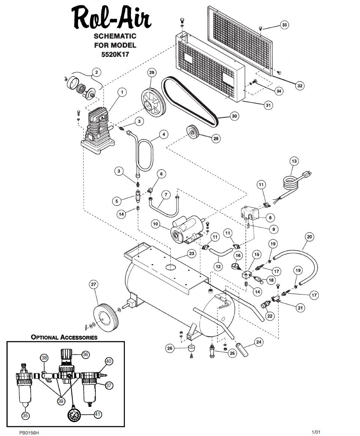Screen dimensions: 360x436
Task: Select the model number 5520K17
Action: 115,55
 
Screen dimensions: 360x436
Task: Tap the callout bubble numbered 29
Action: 152,73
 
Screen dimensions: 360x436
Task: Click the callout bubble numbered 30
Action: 234,116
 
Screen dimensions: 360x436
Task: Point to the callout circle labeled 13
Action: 294,161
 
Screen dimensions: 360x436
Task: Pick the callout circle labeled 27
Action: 93,284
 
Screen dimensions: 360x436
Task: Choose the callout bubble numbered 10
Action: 155,224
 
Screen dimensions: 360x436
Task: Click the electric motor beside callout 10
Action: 187,228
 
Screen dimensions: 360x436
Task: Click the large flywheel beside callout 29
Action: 153,102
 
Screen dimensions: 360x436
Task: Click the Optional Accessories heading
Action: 64,337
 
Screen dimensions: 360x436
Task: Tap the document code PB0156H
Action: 29,433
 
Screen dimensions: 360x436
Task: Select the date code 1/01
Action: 316,432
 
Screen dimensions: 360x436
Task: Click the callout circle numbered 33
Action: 284,25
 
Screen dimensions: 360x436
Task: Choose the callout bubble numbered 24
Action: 259,342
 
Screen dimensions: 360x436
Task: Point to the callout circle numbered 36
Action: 85,354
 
